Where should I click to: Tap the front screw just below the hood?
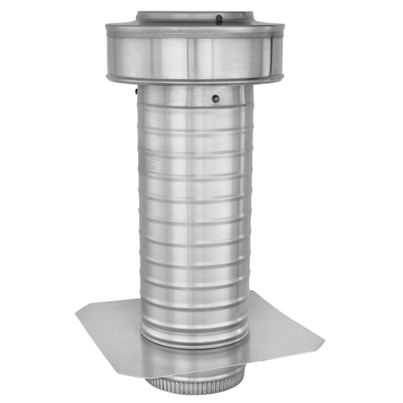click(215, 98)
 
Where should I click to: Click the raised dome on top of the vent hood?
click(195, 17)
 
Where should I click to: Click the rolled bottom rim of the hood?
click(195, 79)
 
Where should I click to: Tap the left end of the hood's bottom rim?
click(108, 73)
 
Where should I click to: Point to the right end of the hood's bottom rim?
click(283, 73)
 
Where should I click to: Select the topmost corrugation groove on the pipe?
click(195, 109)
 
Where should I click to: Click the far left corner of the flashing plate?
click(76, 310)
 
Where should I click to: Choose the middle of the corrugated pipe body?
click(195, 215)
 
